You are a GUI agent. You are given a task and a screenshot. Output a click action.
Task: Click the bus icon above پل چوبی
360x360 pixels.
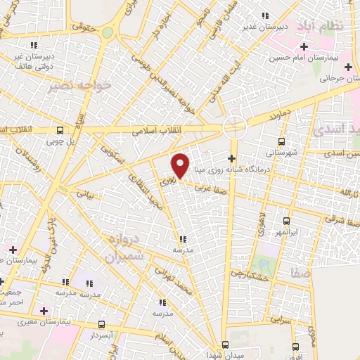pos(60,130)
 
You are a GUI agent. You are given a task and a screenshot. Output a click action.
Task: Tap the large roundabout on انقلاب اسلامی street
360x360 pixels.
pos(234,127)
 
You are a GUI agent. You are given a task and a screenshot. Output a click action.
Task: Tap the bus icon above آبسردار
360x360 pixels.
pos(103,325)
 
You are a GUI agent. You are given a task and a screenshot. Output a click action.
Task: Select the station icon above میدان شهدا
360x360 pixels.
pos(226,345)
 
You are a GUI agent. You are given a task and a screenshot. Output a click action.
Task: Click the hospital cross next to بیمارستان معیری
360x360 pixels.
pos(44,310)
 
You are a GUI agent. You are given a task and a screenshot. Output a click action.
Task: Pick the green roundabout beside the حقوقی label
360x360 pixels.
pos(108,32)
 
